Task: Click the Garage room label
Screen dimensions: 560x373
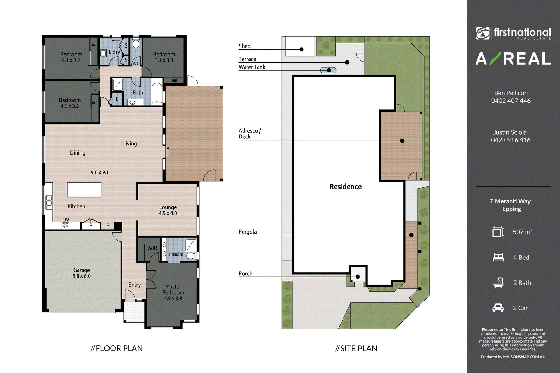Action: pyautogui.click(x=82, y=273)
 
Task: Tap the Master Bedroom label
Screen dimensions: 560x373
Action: pyautogui.click(x=173, y=292)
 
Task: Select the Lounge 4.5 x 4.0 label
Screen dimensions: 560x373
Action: pyautogui.click(x=168, y=210)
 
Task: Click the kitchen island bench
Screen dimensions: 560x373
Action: pyautogui.click(x=84, y=190)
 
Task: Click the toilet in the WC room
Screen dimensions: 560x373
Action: pyautogui.click(x=136, y=43)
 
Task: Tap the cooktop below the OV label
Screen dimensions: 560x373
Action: pyautogui.click(x=65, y=226)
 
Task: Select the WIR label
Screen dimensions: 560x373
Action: pyautogui.click(x=152, y=248)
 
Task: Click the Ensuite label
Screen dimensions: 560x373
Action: pyautogui.click(x=176, y=254)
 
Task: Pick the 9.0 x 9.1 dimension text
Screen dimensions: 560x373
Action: pyautogui.click(x=100, y=172)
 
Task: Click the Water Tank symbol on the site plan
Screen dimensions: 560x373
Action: pyautogui.click(x=328, y=70)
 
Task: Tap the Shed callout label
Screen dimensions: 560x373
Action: pyautogui.click(x=245, y=46)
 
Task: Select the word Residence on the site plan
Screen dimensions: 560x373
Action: pyautogui.click(x=345, y=187)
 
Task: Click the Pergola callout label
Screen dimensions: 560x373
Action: pyautogui.click(x=247, y=232)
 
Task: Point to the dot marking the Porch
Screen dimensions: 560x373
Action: pyautogui.click(x=358, y=277)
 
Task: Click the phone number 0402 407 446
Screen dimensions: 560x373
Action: pyautogui.click(x=511, y=101)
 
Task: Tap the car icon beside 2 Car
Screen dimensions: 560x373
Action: pyautogui.click(x=498, y=308)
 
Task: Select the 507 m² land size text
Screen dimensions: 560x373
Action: pyautogui.click(x=523, y=232)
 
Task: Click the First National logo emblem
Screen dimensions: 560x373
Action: pyautogui.click(x=483, y=33)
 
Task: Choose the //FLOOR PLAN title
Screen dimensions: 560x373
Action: pyautogui.click(x=117, y=348)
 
